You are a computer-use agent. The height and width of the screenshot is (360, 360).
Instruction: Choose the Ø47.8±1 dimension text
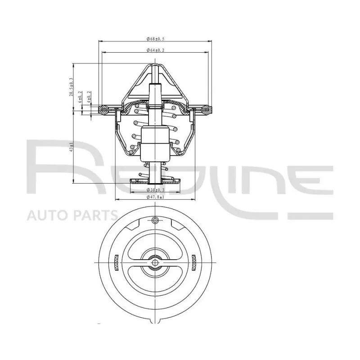tap(155, 197)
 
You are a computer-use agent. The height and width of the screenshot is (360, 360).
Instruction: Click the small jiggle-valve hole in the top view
tap(155, 220)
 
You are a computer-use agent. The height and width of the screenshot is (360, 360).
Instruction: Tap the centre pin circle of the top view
tap(155, 262)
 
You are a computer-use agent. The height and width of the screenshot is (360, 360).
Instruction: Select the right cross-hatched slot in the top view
tap(194, 261)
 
